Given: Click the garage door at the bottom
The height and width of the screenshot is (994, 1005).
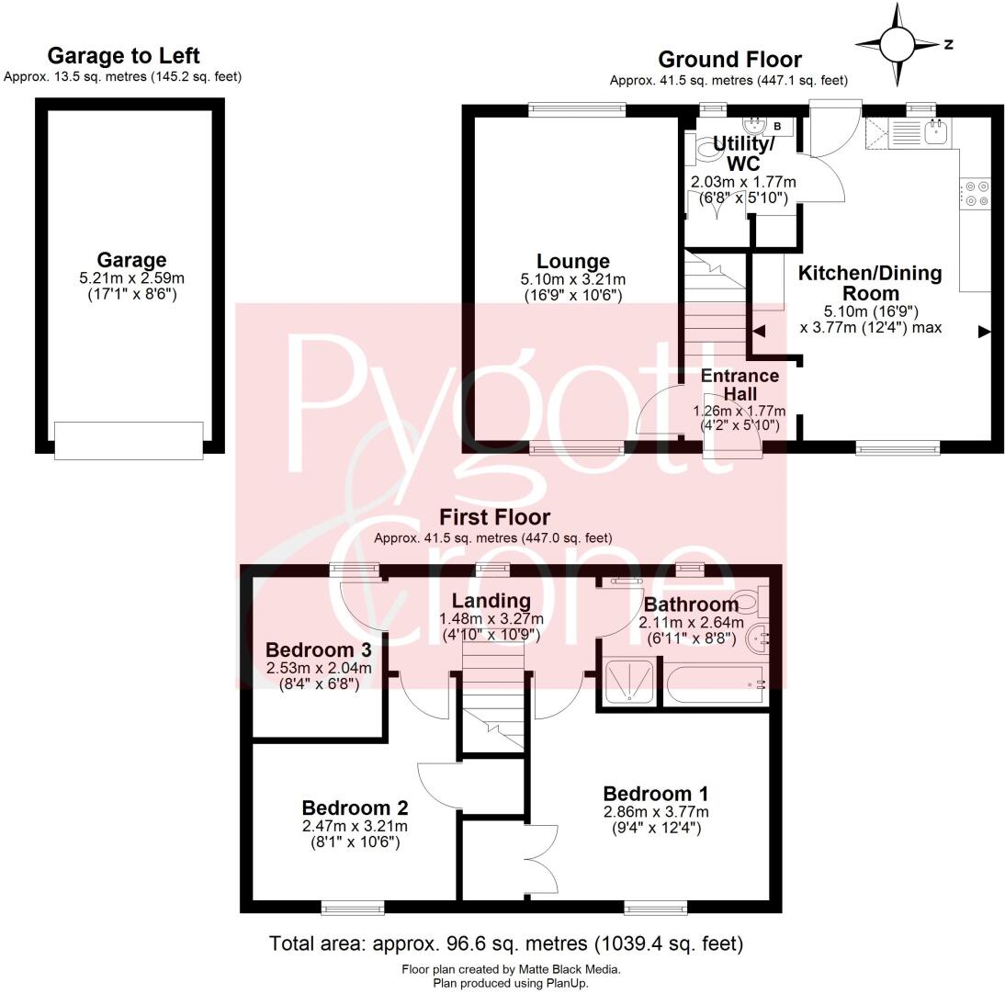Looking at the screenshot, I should pos(129,440).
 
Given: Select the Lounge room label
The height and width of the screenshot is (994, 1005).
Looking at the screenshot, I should pos(573,262).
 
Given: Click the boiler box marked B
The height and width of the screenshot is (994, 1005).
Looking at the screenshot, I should pos(776,126).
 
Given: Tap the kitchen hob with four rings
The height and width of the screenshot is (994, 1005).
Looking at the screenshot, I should pos(977,194).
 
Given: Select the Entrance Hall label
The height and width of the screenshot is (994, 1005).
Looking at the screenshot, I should pos(740,384).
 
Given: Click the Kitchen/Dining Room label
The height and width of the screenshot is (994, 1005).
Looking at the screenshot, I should pos(869,283).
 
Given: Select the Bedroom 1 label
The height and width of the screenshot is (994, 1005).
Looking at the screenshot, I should pos(655,793).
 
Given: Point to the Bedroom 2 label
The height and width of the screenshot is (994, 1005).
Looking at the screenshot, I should pos(355,808).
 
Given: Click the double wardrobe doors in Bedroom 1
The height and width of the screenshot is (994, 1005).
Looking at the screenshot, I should pos(542,859).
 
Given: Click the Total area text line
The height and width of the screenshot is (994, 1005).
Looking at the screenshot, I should pos(505,943).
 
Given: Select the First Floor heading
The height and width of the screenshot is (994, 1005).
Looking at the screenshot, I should pos(494,517).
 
